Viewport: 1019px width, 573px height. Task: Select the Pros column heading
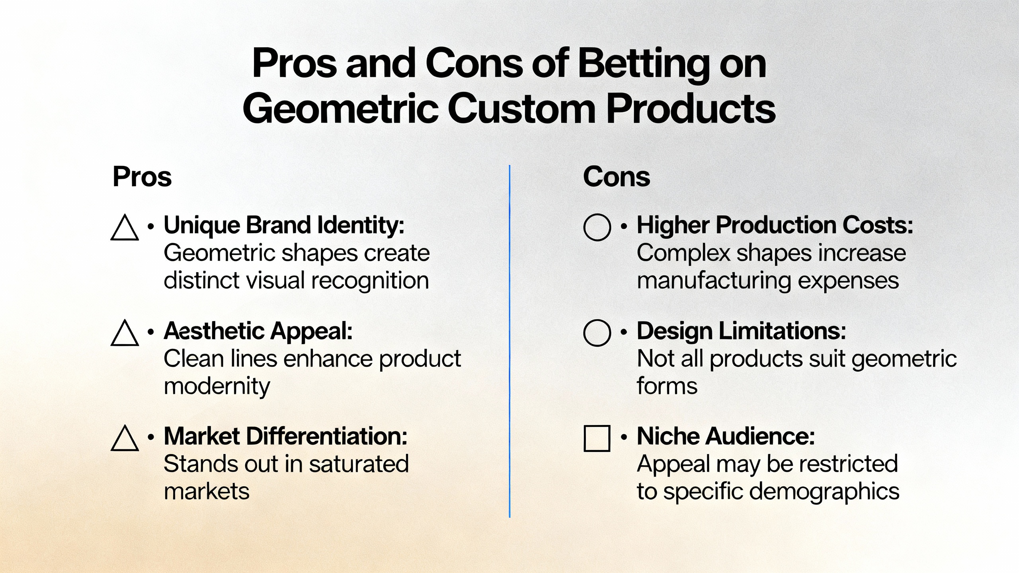pos(142,177)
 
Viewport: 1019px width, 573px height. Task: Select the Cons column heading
pos(616,177)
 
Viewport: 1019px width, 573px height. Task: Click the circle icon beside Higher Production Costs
pos(597,227)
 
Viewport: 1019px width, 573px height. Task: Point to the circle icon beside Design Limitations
pos(597,333)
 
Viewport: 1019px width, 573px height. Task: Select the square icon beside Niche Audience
pos(597,438)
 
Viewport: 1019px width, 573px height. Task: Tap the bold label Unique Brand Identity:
pos(284,225)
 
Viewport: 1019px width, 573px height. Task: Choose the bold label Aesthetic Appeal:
pos(258,331)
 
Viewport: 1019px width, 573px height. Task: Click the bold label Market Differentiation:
pos(285,436)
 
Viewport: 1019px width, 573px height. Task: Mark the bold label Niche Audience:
pos(726,436)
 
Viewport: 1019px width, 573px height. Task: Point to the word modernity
pos(217,386)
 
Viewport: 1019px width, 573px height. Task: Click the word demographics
pos(821,492)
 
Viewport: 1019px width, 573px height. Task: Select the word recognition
pos(370,281)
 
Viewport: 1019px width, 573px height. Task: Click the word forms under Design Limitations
pos(667,386)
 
